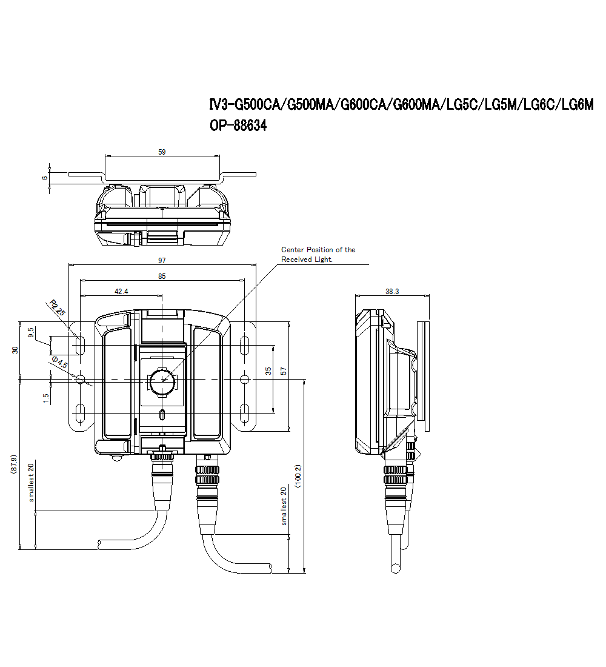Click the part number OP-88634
238,126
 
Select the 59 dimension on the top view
162,152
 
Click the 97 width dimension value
162,260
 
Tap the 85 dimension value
162,276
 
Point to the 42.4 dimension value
121,292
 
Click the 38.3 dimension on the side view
392,292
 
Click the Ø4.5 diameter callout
60,363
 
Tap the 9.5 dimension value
31,333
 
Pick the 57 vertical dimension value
284,370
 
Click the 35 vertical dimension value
268,370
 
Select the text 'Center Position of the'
318,250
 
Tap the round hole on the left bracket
80,379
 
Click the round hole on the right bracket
244,379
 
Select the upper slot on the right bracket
244,346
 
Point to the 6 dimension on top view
44,177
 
